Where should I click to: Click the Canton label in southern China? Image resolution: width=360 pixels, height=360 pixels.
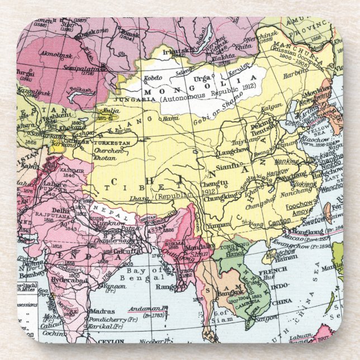(279, 222)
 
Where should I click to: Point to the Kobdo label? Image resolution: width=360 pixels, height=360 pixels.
(153, 78)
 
